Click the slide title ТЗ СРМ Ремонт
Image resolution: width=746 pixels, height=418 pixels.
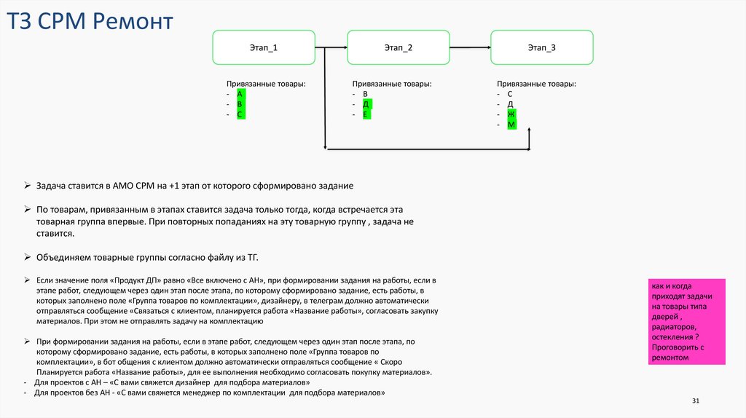tap(90, 22)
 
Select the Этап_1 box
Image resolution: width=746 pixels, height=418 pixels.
tap(264, 47)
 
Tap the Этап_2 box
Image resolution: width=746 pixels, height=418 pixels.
tap(398, 47)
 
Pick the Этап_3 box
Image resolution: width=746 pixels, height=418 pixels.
tap(541, 47)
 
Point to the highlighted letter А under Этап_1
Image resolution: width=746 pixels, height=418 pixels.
tap(240, 95)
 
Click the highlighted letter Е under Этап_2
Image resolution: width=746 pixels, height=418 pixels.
tap(367, 115)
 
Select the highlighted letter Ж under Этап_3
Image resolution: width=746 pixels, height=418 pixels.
tap(511, 115)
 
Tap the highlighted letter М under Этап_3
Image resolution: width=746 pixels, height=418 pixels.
tap(511, 125)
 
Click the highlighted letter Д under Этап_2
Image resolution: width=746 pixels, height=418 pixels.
tap(367, 105)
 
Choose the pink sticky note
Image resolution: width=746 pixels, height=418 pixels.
tap(687, 322)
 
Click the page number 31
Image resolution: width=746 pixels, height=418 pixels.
tap(695, 401)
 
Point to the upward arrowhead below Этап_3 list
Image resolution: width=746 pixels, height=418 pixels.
tap(530, 130)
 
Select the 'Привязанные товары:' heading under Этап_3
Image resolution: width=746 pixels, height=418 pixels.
tap(536, 84)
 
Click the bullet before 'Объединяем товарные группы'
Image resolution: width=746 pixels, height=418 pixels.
tap(27, 258)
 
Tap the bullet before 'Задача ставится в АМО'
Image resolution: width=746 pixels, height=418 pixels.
tap(27, 186)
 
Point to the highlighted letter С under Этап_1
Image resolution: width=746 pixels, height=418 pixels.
tap(240, 115)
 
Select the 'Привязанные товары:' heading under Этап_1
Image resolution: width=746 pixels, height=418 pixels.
tap(266, 84)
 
